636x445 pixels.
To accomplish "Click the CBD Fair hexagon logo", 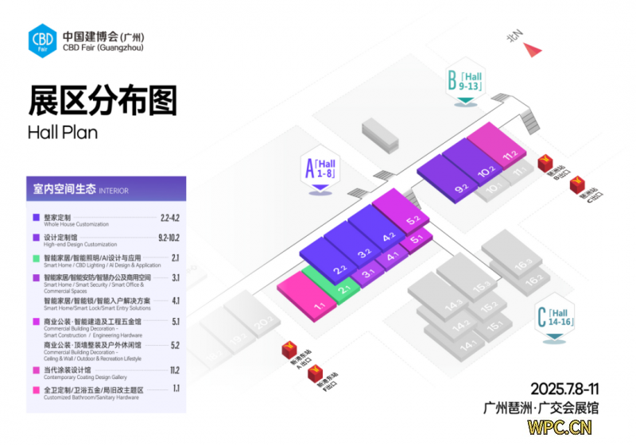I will click(41, 38).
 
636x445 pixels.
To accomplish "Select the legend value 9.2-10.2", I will click(169, 238).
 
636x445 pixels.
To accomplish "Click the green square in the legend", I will click(36, 258).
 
